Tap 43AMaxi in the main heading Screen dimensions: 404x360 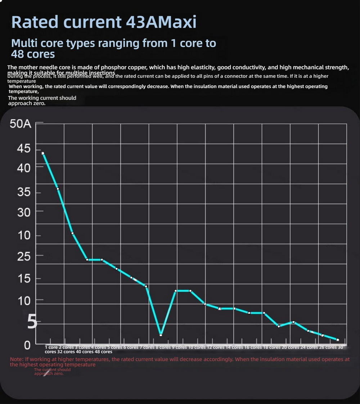(161, 22)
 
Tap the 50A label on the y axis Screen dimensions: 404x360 (21, 125)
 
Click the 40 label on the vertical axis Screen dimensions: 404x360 (23, 167)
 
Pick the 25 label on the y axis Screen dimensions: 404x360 (23, 256)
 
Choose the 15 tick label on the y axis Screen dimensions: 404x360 (23, 279)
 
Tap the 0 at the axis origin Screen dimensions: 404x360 (27, 345)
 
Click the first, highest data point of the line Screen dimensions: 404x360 (43, 153)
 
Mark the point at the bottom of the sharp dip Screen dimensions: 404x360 (161, 335)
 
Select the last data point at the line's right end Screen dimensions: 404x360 (337, 340)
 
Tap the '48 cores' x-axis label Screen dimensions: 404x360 (103, 352)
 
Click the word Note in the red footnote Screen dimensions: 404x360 (17, 359)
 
